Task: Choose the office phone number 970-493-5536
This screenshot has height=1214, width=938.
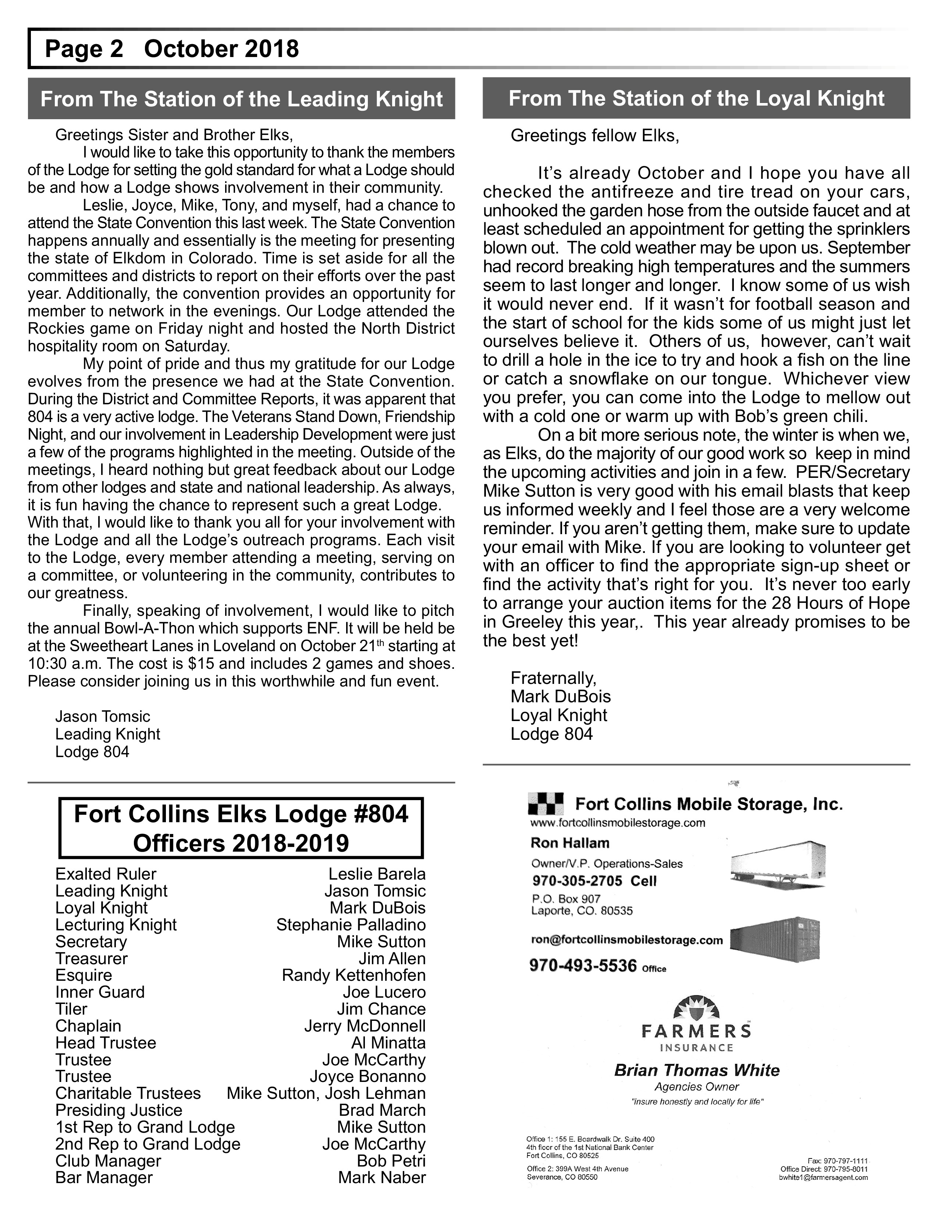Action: tap(583, 966)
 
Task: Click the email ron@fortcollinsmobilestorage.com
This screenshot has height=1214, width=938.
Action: tap(627, 940)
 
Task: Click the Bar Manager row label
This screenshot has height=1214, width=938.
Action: tap(104, 1177)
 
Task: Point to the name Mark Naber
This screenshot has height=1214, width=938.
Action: tap(382, 1177)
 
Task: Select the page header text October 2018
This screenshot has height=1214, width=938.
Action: tap(221, 49)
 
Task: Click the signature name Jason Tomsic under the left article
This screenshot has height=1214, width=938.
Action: tap(102, 717)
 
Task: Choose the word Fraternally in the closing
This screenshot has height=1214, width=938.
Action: tap(553, 678)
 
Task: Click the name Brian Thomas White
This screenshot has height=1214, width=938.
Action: tap(696, 1071)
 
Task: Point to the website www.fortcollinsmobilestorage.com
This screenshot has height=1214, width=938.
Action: tap(617, 823)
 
